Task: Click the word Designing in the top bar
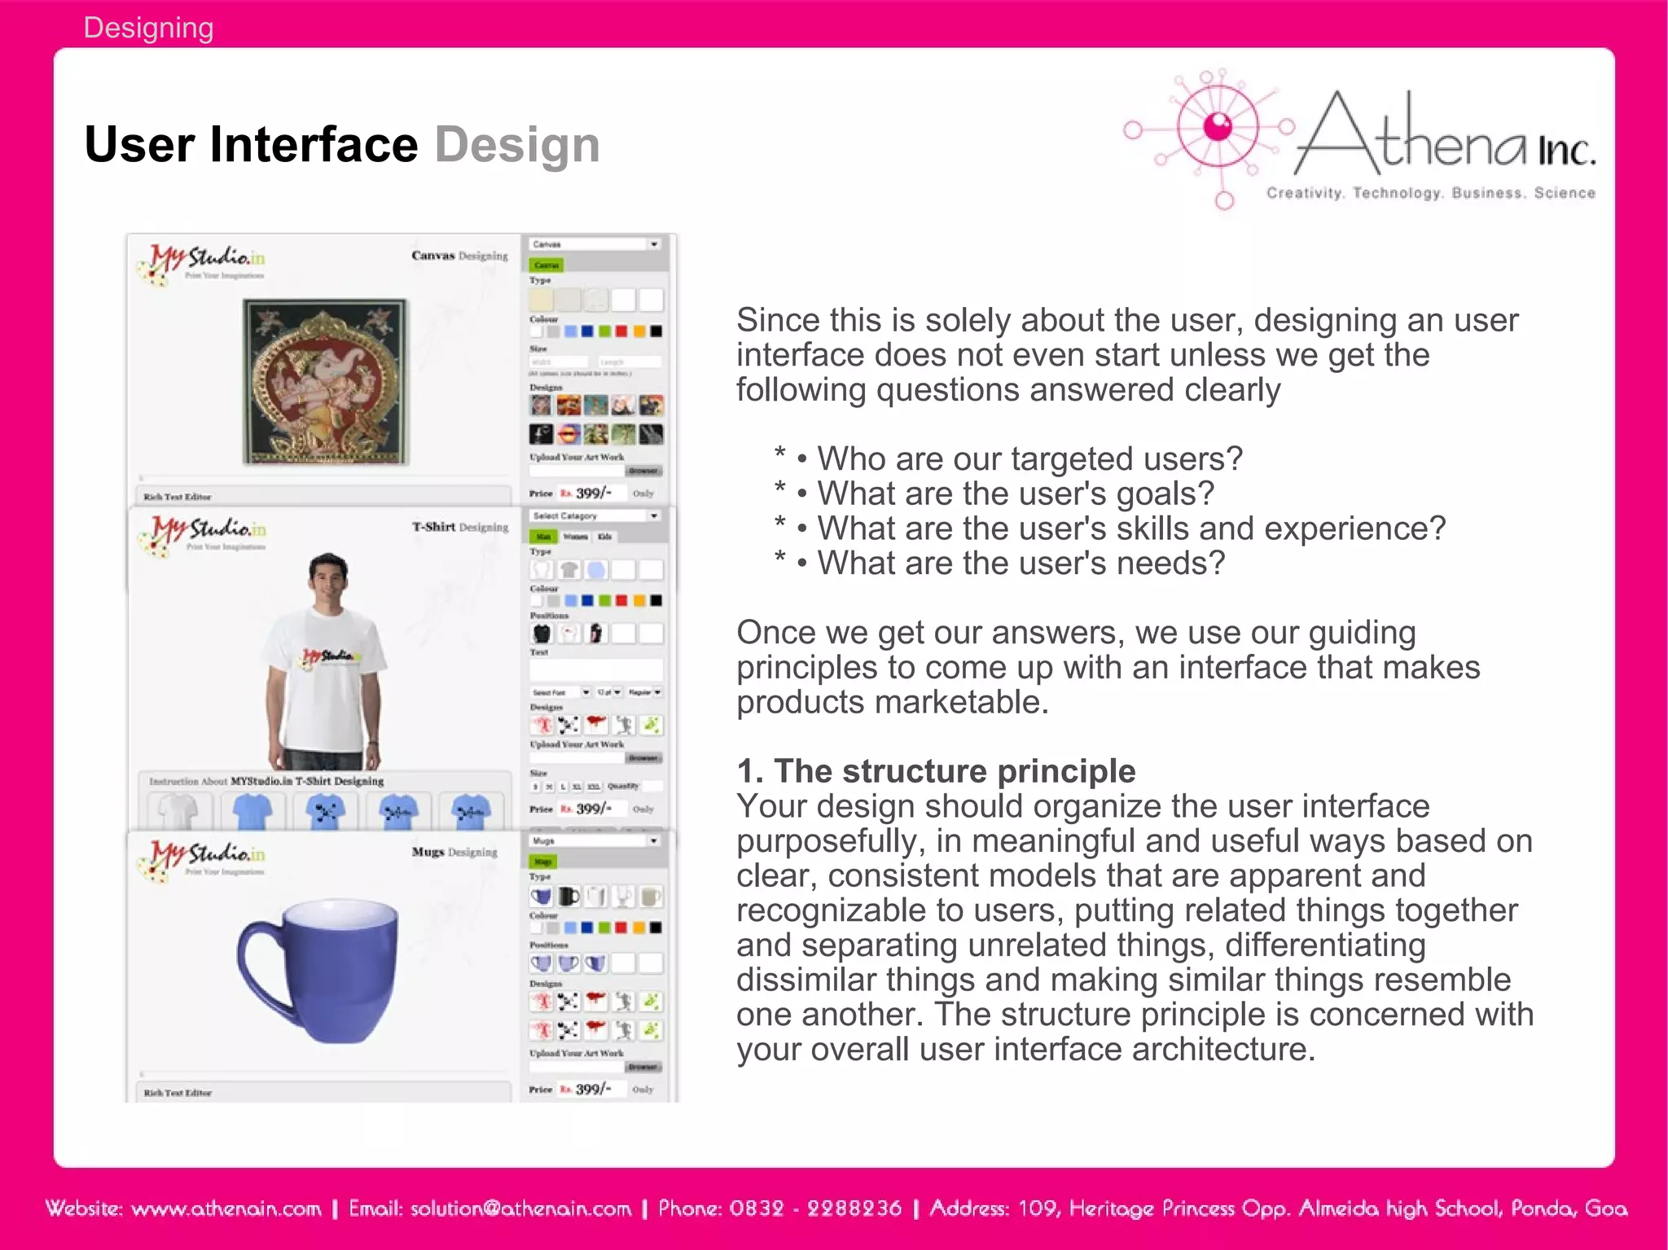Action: (148, 29)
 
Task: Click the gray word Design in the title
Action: (517, 145)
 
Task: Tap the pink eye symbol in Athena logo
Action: (1218, 126)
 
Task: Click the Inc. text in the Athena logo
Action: (1565, 151)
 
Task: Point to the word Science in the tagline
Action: (1564, 193)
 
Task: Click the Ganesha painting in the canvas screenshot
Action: (326, 381)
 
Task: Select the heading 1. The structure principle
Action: (935, 770)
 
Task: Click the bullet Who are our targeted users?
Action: (1029, 458)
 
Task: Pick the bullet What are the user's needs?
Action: (1021, 563)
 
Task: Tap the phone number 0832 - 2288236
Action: (814, 1208)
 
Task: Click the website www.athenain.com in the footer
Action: (226, 1208)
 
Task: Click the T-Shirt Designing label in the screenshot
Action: (459, 527)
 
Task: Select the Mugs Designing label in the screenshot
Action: (454, 852)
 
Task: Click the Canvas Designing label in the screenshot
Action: (459, 256)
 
